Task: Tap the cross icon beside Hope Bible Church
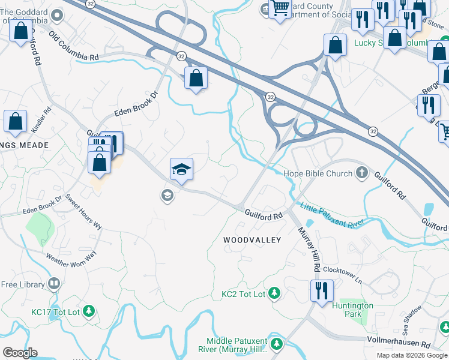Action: (362, 174)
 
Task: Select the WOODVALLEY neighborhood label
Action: (252, 240)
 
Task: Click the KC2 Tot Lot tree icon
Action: (274, 293)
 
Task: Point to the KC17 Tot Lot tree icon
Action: (89, 311)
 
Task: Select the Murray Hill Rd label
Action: (308, 248)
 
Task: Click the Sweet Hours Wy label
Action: (84, 213)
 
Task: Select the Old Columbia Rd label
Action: (74, 47)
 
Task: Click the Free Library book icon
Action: (55, 283)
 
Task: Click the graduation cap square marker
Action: (181, 169)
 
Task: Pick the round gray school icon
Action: (167, 195)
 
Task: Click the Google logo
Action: (20, 353)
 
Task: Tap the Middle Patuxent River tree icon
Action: (277, 343)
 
